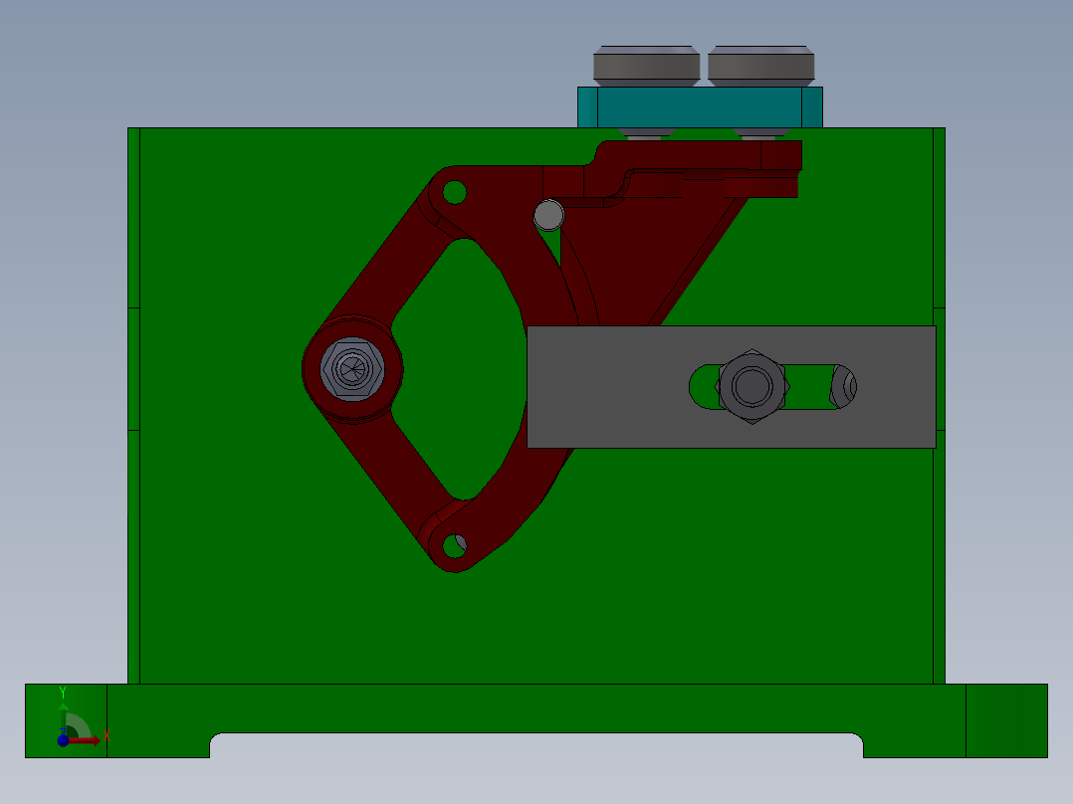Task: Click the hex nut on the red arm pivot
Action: pyautogui.click(x=352, y=369)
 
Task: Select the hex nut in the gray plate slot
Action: pyautogui.click(x=752, y=385)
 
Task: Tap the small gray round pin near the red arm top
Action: pyautogui.click(x=548, y=214)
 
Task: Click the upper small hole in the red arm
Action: pyautogui.click(x=454, y=191)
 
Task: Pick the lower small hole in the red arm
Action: pyautogui.click(x=454, y=545)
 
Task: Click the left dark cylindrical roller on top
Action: pyautogui.click(x=645, y=66)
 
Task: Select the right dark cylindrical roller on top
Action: pyautogui.click(x=760, y=66)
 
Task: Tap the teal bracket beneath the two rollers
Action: pyautogui.click(x=701, y=106)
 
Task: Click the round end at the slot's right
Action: pyautogui.click(x=844, y=387)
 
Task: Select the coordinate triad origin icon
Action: pyautogui.click(x=64, y=739)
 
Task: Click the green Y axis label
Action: pyautogui.click(x=62, y=692)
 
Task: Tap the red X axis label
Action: pyautogui.click(x=106, y=737)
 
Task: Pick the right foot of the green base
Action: pyautogui.click(x=1005, y=719)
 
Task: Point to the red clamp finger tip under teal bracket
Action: pyautogui.click(x=782, y=155)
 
